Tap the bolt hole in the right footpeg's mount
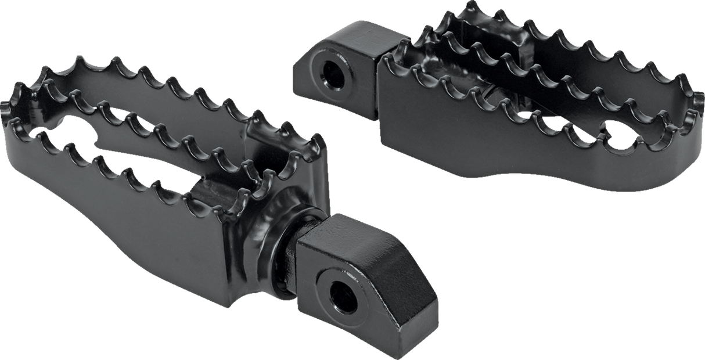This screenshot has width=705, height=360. [335, 74]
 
